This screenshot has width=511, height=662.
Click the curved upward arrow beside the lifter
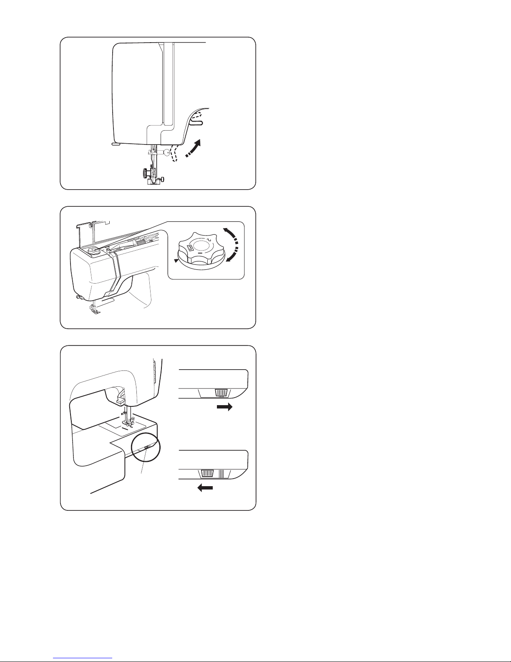194,148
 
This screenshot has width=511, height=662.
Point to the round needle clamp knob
167,152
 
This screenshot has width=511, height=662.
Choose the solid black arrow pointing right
225,407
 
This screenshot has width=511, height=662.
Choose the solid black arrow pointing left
205,488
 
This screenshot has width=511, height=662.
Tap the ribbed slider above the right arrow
221,393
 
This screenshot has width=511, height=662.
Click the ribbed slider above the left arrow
207,473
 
